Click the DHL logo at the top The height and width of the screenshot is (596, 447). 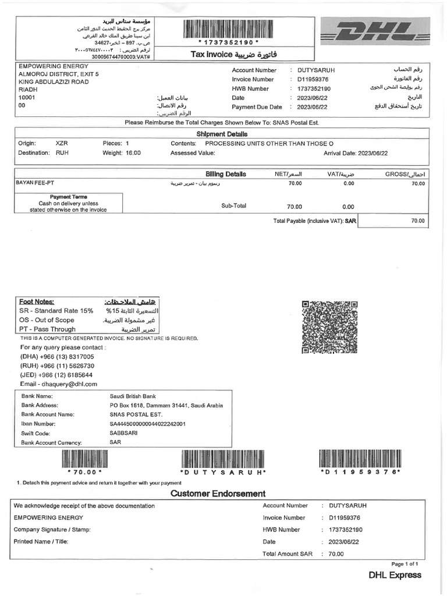[375, 34]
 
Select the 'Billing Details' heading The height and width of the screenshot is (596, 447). [226, 174]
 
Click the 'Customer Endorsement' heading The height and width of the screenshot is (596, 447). [218, 494]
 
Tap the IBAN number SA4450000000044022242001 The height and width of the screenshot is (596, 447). [147, 424]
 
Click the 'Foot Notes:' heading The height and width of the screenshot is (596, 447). [37, 301]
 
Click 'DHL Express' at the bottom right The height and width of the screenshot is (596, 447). [395, 575]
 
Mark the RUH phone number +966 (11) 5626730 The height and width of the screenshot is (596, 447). [57, 366]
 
